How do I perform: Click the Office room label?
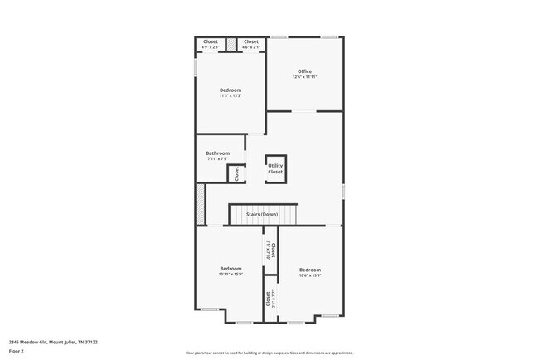[x=304, y=71]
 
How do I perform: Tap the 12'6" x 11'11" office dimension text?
[x=304, y=77]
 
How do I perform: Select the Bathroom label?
[x=218, y=153]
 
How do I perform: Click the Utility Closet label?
[x=275, y=168]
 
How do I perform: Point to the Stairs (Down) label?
[x=262, y=215]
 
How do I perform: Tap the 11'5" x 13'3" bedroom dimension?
[x=231, y=95]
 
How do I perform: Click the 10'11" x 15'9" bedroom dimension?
[x=231, y=274]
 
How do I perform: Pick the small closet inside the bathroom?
[x=236, y=173]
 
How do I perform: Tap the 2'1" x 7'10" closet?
[x=270, y=251]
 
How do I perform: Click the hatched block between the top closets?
[x=231, y=42]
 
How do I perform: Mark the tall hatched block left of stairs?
[x=199, y=204]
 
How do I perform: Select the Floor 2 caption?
[x=17, y=351]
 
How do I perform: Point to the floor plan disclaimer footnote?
[x=269, y=352]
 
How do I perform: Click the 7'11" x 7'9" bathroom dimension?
[x=218, y=158]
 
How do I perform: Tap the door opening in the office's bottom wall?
[x=303, y=110]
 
